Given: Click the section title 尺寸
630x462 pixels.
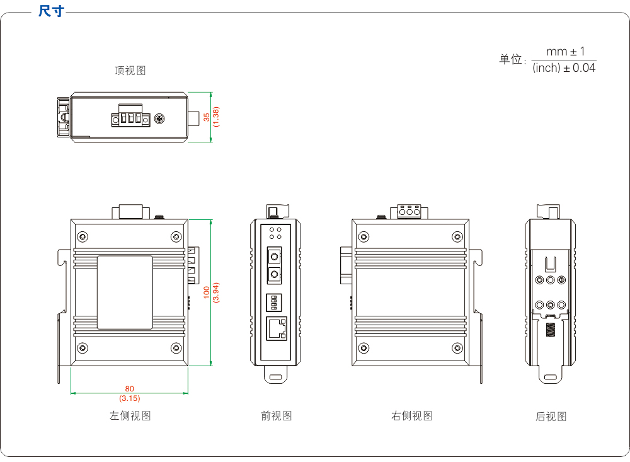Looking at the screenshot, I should pos(51,11).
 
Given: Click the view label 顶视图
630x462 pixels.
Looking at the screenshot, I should pos(130,71).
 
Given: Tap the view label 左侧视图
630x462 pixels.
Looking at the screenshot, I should pos(130,415).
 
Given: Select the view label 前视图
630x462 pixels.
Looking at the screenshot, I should pos(277,416).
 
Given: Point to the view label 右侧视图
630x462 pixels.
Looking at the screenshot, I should pos(412,416).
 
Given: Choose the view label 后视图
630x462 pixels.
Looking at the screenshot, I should pos(551,417).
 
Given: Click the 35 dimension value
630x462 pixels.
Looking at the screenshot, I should pos(207,117).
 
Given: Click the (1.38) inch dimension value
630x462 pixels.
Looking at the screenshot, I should pos(216,117).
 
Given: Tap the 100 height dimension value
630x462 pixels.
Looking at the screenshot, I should pos(207,293).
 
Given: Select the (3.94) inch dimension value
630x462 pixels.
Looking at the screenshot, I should pos(215,293).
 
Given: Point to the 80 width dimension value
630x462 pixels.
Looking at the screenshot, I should pos(130,389).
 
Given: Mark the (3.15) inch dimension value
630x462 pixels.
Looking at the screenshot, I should pos(130,398).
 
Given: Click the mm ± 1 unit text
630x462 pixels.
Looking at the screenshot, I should pos(565,51).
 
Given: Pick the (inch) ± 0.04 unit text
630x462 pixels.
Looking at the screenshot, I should pos(564,68).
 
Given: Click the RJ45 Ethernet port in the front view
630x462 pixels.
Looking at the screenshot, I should pos(277,328).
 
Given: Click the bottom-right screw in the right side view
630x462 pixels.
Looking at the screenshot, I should pos(457,348).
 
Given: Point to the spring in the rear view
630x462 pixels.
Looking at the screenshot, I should pos(550,330).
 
